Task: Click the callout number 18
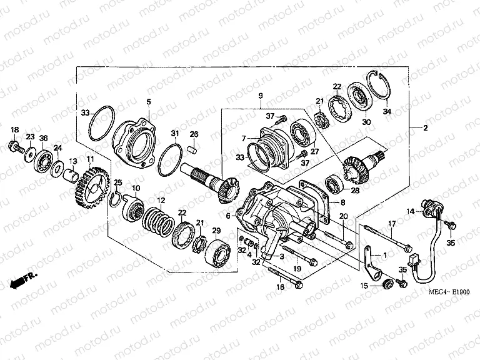(x=15, y=129)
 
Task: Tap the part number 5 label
(x=148, y=102)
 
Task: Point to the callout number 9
(x=260, y=96)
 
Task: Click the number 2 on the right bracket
(x=425, y=129)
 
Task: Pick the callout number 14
(x=410, y=212)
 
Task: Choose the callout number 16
(x=280, y=287)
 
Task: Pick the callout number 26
(x=194, y=134)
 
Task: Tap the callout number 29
(x=217, y=231)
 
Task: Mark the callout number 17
(x=392, y=224)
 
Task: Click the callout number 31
(x=176, y=133)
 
